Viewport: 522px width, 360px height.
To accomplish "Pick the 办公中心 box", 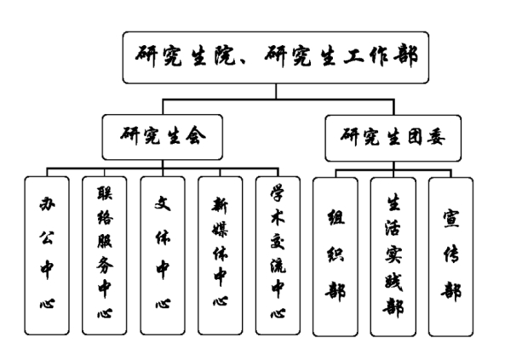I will (x=48, y=254).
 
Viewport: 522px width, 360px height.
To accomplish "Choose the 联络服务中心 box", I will (x=106, y=254).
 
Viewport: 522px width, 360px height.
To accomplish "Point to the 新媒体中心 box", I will (x=221, y=254).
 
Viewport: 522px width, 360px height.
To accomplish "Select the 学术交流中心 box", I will (x=278, y=254).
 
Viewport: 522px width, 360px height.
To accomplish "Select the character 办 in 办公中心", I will (x=48, y=205).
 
